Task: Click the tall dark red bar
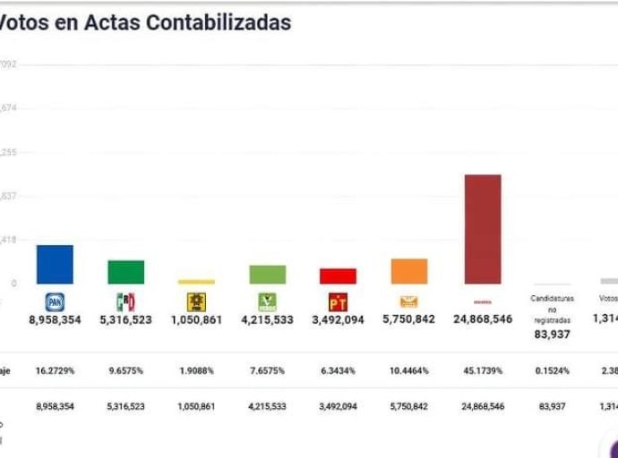pyautogui.click(x=482, y=229)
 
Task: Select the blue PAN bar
pyautogui.click(x=55, y=265)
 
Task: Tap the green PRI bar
pyautogui.click(x=125, y=272)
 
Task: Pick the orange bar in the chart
pyautogui.click(x=408, y=271)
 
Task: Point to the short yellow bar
pyautogui.click(x=196, y=281)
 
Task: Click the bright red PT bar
pyautogui.click(x=338, y=276)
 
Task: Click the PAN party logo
pyautogui.click(x=55, y=301)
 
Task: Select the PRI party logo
pyautogui.click(x=125, y=301)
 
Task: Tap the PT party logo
pyautogui.click(x=338, y=301)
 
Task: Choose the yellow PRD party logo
pyautogui.click(x=196, y=301)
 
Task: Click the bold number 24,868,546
pyautogui.click(x=483, y=318)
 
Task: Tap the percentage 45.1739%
pyautogui.click(x=483, y=369)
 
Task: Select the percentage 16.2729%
pyautogui.click(x=55, y=369)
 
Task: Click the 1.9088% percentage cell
pyautogui.click(x=196, y=369)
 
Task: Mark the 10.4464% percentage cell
pyautogui.click(x=408, y=369)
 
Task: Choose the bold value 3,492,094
pyautogui.click(x=338, y=318)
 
